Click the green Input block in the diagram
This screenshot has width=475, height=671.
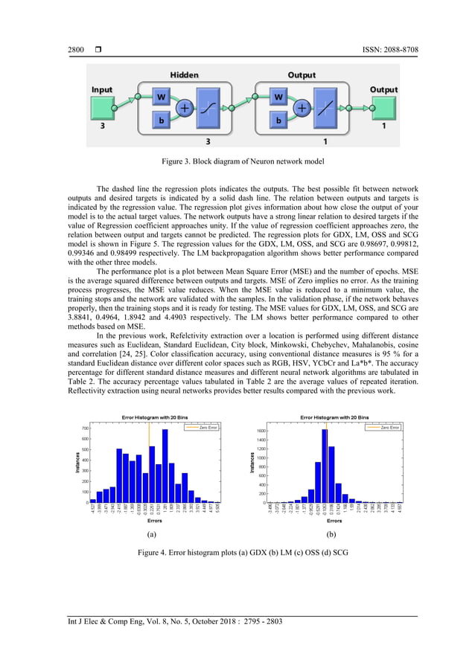coord(103,109)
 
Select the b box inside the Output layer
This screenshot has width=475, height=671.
coord(278,119)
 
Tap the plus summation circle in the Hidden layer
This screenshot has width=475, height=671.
coord(184,108)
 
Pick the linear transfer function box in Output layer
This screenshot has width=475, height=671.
coord(326,108)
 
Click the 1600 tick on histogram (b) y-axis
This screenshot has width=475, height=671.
coord(259,431)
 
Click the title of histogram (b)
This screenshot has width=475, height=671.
coord(334,417)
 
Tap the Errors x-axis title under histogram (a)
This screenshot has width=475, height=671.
coord(153,521)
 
